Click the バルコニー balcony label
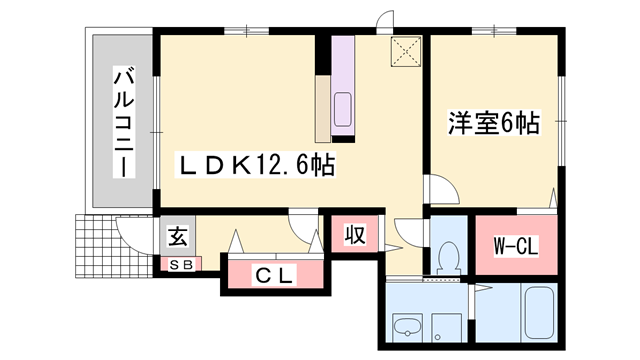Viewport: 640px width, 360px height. [x=124, y=120]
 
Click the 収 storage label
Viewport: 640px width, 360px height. [x=354, y=236]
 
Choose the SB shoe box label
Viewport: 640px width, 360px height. [x=181, y=264]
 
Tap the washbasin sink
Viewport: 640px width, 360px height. [x=406, y=325]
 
